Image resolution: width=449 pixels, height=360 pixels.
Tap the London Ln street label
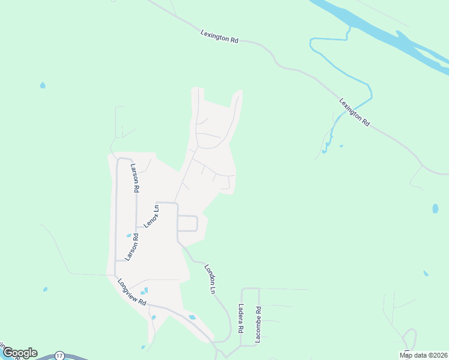click(x=209, y=279)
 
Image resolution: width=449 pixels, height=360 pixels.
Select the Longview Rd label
click(x=132, y=293)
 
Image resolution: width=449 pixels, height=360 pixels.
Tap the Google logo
click(x=19, y=353)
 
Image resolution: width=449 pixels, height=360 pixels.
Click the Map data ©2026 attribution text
click(x=423, y=355)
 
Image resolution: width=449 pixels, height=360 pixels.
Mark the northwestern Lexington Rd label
click(x=219, y=37)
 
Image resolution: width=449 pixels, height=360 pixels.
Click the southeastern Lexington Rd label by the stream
click(x=354, y=112)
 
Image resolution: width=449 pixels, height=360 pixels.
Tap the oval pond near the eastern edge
click(x=435, y=209)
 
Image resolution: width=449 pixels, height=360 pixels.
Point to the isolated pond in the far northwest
click(x=43, y=85)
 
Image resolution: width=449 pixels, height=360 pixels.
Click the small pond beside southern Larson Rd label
click(x=128, y=235)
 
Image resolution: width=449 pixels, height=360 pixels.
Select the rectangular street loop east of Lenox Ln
click(x=187, y=223)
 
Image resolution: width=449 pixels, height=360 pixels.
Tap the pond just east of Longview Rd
click(x=192, y=317)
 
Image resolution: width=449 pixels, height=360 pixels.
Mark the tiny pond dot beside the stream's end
click(x=341, y=146)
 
